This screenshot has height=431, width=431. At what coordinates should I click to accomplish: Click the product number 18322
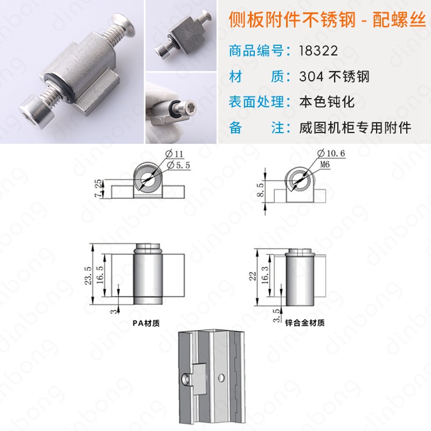pos(318,51)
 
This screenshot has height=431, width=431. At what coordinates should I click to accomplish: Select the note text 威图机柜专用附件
pos(355,128)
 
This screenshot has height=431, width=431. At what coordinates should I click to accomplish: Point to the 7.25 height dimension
pos(97,188)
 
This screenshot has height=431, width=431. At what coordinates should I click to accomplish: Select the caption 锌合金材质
pos(307,323)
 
